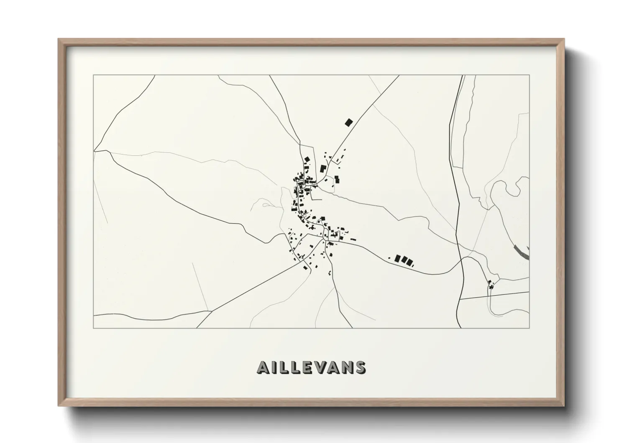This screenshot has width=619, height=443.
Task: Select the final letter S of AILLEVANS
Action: (360, 367)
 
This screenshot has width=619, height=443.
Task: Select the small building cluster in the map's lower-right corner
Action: (491, 286)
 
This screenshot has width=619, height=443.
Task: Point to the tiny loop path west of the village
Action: (265, 205)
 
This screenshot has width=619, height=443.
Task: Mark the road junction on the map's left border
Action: (95, 150)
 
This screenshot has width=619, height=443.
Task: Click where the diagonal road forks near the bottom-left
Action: (210, 311)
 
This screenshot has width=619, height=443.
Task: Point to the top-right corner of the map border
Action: (529, 75)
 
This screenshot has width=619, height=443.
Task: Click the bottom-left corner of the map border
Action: (94, 328)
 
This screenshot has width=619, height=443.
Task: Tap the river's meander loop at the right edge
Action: (522, 184)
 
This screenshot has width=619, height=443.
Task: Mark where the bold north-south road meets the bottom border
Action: (458, 328)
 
